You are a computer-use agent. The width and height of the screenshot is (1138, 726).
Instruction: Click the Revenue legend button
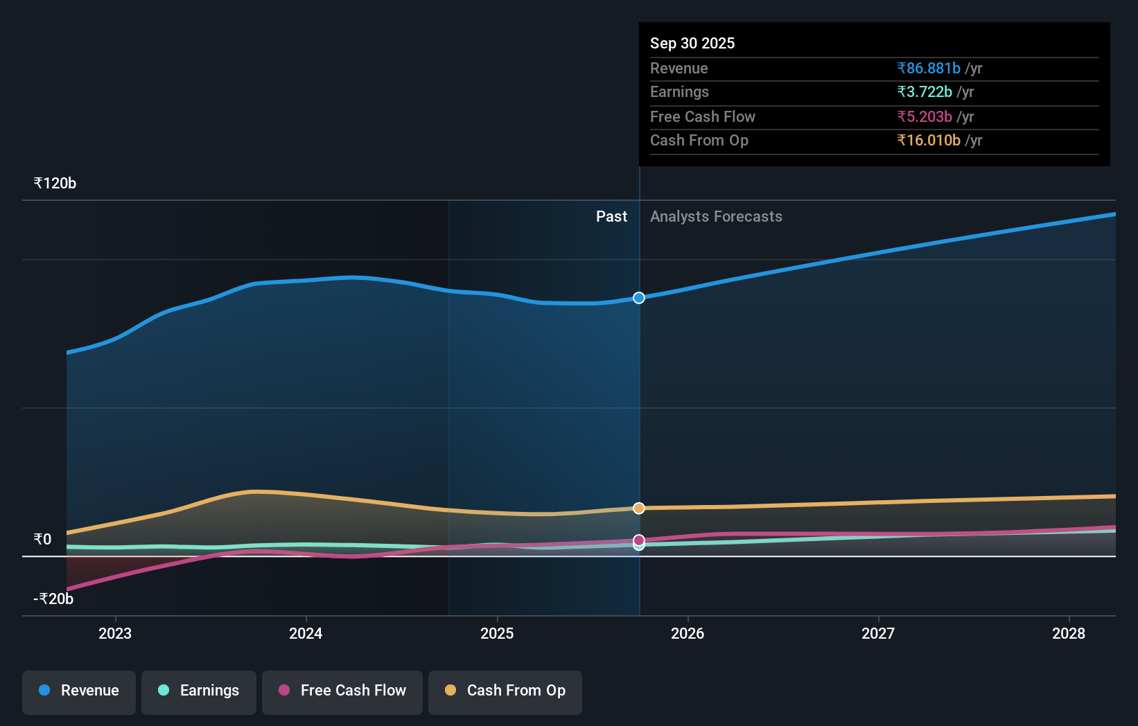79,691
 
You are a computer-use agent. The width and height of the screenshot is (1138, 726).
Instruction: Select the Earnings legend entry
199,691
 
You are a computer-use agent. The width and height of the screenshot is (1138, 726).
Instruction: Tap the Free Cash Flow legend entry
342,691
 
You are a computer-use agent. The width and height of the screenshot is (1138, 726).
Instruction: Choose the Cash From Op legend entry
505,691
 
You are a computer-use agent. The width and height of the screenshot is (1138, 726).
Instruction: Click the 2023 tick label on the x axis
115,633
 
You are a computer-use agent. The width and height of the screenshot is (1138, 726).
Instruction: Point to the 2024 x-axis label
306,633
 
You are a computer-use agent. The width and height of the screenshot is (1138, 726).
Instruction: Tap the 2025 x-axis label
497,633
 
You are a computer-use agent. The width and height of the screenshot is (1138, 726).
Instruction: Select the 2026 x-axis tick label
688,633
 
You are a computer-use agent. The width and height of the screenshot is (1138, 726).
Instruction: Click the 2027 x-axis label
878,633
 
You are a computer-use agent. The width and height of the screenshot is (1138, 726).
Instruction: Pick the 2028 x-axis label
1069,633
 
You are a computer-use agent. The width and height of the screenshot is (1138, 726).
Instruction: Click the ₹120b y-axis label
55,184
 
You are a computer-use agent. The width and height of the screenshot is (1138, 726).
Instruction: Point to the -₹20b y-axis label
53,599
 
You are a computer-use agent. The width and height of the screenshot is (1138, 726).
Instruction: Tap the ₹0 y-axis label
42,540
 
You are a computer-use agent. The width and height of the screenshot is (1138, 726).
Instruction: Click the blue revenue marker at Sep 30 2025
639,298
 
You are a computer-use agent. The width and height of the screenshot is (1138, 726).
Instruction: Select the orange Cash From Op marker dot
639,508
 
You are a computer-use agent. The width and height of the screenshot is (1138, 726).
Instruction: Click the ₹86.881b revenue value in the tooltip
929,69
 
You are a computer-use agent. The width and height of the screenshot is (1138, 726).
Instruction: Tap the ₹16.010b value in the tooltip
929,141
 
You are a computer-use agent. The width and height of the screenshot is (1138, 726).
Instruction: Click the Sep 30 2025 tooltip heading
692,44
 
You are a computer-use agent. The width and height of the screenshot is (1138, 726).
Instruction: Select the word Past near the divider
611,217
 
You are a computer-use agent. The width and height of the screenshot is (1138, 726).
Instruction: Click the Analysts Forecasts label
716,217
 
